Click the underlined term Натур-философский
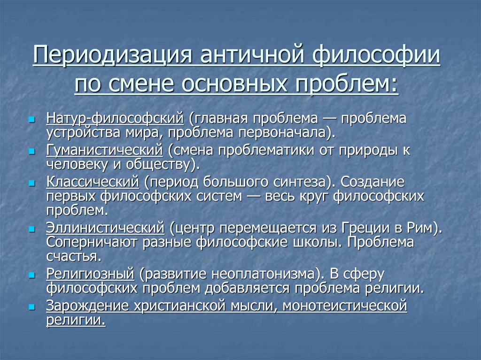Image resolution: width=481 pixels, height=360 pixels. click(x=115, y=119)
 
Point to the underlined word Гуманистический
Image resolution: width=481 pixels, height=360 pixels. click(x=104, y=150)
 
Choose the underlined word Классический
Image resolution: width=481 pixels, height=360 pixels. click(x=93, y=182)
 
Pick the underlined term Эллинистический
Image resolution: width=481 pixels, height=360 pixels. click(x=105, y=228)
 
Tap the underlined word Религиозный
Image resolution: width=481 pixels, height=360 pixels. click(x=90, y=274)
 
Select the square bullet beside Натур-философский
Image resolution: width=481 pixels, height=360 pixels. click(x=32, y=119)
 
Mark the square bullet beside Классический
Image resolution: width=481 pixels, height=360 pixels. click(x=32, y=183)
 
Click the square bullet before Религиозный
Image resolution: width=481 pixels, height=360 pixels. click(x=32, y=275)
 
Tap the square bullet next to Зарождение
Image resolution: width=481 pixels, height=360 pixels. click(x=32, y=307)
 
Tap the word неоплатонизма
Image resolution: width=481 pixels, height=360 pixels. click(x=263, y=274)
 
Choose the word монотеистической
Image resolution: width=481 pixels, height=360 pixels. click(x=345, y=306)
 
